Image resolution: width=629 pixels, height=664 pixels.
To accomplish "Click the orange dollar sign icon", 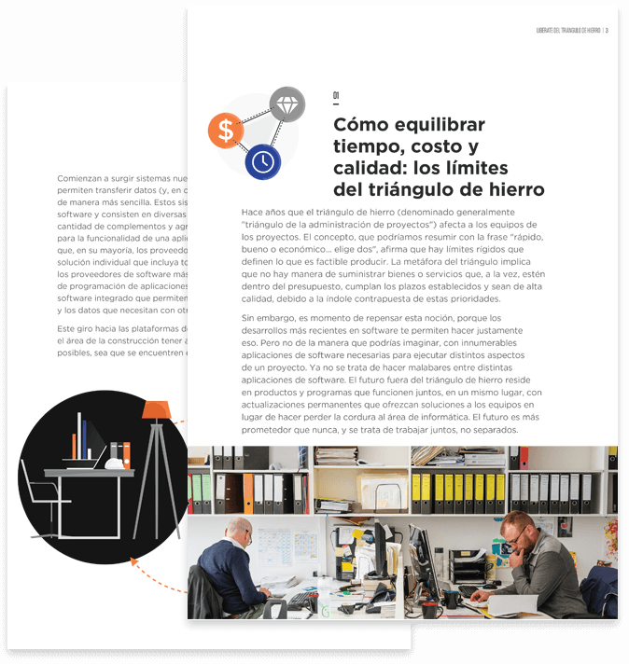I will (x=225, y=131).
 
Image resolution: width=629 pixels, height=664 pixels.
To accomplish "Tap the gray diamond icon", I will (x=287, y=104).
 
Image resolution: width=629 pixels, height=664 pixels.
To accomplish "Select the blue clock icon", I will (x=263, y=161).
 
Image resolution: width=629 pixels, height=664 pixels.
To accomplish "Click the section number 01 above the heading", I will (x=337, y=95).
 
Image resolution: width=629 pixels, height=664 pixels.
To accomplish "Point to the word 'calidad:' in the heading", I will (x=366, y=167).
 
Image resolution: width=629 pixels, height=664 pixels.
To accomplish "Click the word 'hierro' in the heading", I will (x=507, y=189).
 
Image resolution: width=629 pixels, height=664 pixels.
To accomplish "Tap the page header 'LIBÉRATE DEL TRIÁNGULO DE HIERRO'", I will (x=568, y=30).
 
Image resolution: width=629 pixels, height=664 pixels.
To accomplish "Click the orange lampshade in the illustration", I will (x=156, y=409).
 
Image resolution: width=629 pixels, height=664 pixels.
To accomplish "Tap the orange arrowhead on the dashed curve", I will (x=133, y=560).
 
